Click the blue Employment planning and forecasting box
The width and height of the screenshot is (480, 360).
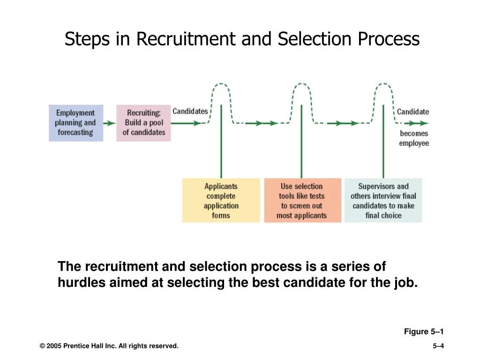tap(76, 123)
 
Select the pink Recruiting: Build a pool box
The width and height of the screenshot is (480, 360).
tap(144, 123)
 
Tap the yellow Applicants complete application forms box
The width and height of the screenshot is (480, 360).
tap(221, 201)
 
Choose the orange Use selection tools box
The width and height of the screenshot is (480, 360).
tap(302, 201)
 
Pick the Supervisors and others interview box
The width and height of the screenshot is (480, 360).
tap(383, 201)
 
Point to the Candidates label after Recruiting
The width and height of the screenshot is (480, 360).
tap(190, 111)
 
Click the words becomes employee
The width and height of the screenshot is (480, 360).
tap(414, 138)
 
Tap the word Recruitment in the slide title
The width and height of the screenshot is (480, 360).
tap(186, 39)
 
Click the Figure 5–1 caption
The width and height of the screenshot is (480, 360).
tap(424, 332)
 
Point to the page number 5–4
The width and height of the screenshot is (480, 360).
tap(438, 346)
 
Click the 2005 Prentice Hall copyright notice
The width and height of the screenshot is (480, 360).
tap(109, 346)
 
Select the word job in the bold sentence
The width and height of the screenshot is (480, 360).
tap(405, 283)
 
